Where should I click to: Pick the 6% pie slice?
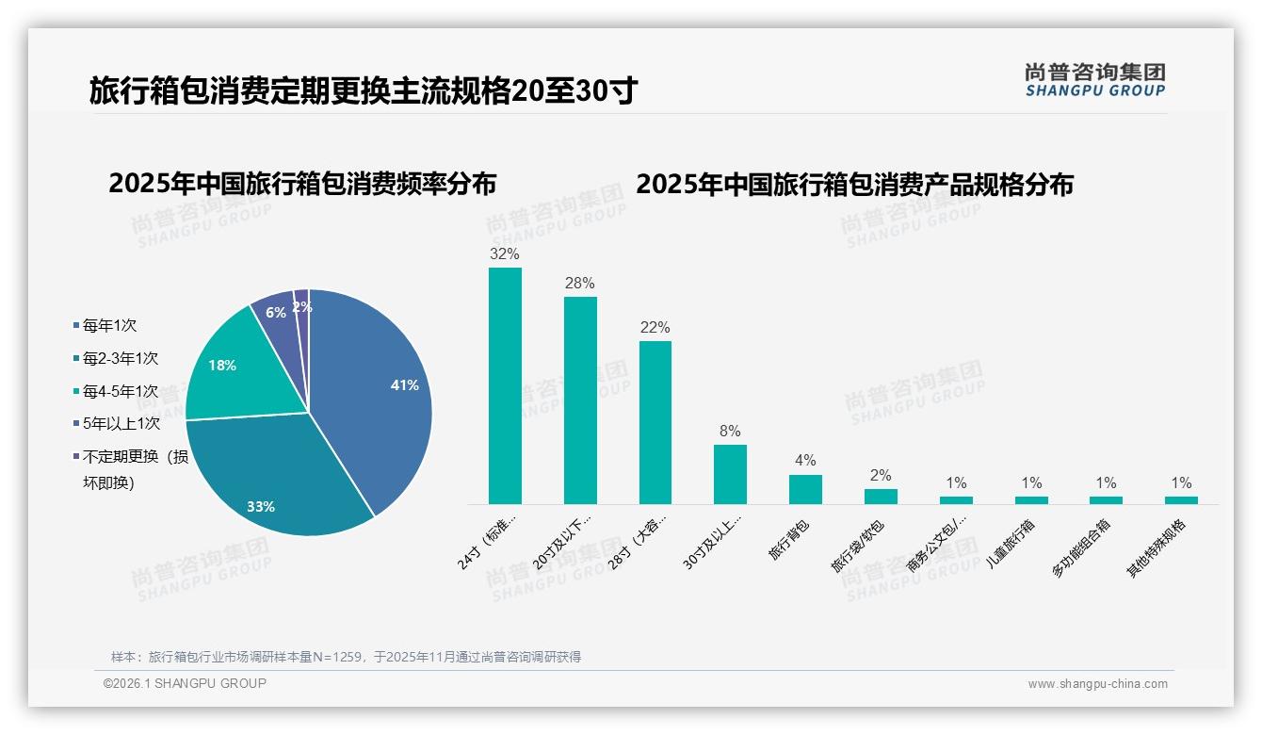tap(274, 311)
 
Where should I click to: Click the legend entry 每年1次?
tap(109, 325)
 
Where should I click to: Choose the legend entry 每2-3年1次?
tap(120, 358)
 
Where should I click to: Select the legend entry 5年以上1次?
tap(121, 423)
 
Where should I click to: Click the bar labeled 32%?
tap(505, 386)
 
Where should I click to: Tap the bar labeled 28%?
tap(580, 400)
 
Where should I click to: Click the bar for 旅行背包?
tap(805, 489)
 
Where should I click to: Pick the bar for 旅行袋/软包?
tap(881, 497)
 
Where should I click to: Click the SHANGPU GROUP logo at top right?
tap(1094, 80)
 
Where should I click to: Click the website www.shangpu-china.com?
tap(1097, 684)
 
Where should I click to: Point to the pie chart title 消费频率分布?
tap(302, 184)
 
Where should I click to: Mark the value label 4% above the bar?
tap(805, 461)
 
